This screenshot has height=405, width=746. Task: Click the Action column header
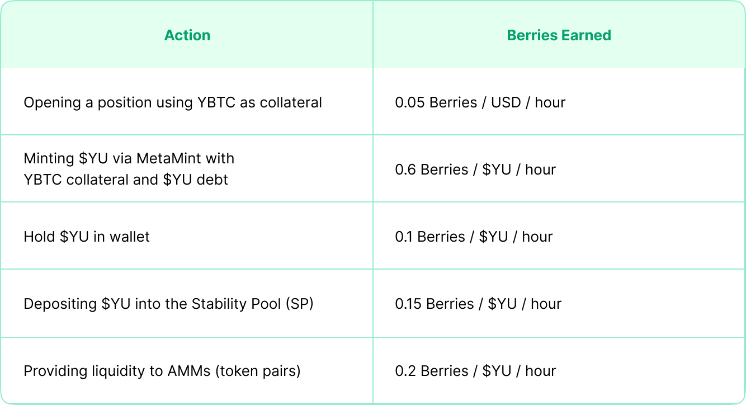[x=187, y=35]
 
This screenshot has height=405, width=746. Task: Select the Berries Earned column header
[x=559, y=35]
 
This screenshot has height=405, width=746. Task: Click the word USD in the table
[x=506, y=102]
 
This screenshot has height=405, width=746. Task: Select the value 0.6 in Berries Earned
[x=405, y=169]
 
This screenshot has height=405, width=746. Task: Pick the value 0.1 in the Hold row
[x=403, y=237]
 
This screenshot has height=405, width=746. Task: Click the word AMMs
[x=189, y=371]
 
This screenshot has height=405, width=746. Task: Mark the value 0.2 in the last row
[x=405, y=371]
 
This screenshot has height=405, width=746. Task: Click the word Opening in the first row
[x=52, y=102]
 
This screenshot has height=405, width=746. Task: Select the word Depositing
[x=60, y=304]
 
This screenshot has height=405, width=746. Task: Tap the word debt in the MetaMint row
[x=212, y=180]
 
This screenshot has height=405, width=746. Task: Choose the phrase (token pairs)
[x=258, y=371]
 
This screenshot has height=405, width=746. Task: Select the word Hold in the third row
[x=39, y=237]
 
